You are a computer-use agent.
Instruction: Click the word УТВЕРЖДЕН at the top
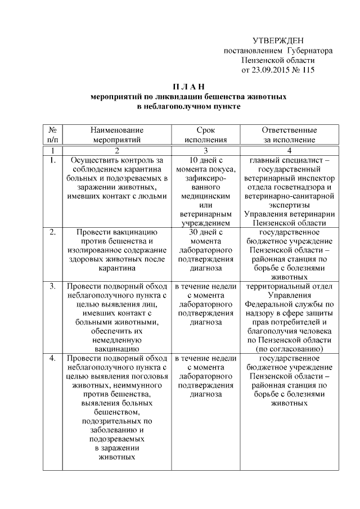[x=278, y=40]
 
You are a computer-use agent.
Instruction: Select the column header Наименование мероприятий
[x=117, y=135]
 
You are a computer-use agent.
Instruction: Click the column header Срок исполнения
[x=206, y=135]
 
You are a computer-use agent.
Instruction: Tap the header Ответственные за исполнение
[x=289, y=135]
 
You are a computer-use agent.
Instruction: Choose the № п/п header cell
[x=52, y=135]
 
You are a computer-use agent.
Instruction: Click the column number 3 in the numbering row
[x=206, y=150]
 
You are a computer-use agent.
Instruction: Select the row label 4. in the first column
[x=52, y=358]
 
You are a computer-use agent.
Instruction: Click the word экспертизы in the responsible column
[x=289, y=205]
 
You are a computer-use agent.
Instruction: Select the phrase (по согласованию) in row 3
[x=289, y=349]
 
